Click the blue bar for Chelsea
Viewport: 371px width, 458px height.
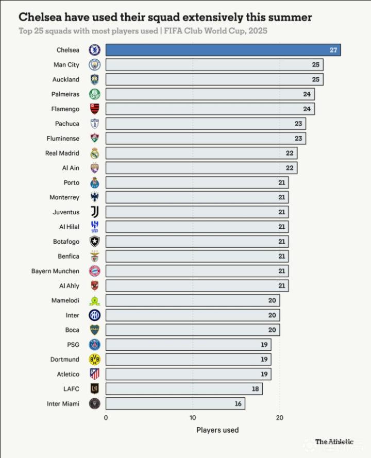tap(223, 50)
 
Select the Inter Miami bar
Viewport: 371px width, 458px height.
tap(175, 403)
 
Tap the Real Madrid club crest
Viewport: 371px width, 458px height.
tap(94, 153)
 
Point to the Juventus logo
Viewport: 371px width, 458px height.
tap(94, 212)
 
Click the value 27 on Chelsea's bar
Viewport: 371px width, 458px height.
tap(333, 50)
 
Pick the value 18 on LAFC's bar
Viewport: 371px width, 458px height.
tap(255, 389)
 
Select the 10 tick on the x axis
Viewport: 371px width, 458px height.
tap(193, 418)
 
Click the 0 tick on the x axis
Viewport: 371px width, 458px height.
tap(106, 418)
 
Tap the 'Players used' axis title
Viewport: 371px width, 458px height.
tap(217, 430)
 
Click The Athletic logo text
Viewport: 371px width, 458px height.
tap(334, 442)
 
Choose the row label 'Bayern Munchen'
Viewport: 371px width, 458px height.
tap(55, 271)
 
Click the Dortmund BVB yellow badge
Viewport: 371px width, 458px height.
tap(94, 359)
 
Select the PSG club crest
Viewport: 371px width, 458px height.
tap(94, 345)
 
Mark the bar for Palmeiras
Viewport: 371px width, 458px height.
tap(210, 94)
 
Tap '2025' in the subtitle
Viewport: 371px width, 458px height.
tap(257, 31)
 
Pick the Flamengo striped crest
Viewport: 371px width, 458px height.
tap(94, 109)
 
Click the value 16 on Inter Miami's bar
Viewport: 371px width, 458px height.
tap(238, 403)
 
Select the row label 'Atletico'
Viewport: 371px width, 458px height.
tap(68, 374)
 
